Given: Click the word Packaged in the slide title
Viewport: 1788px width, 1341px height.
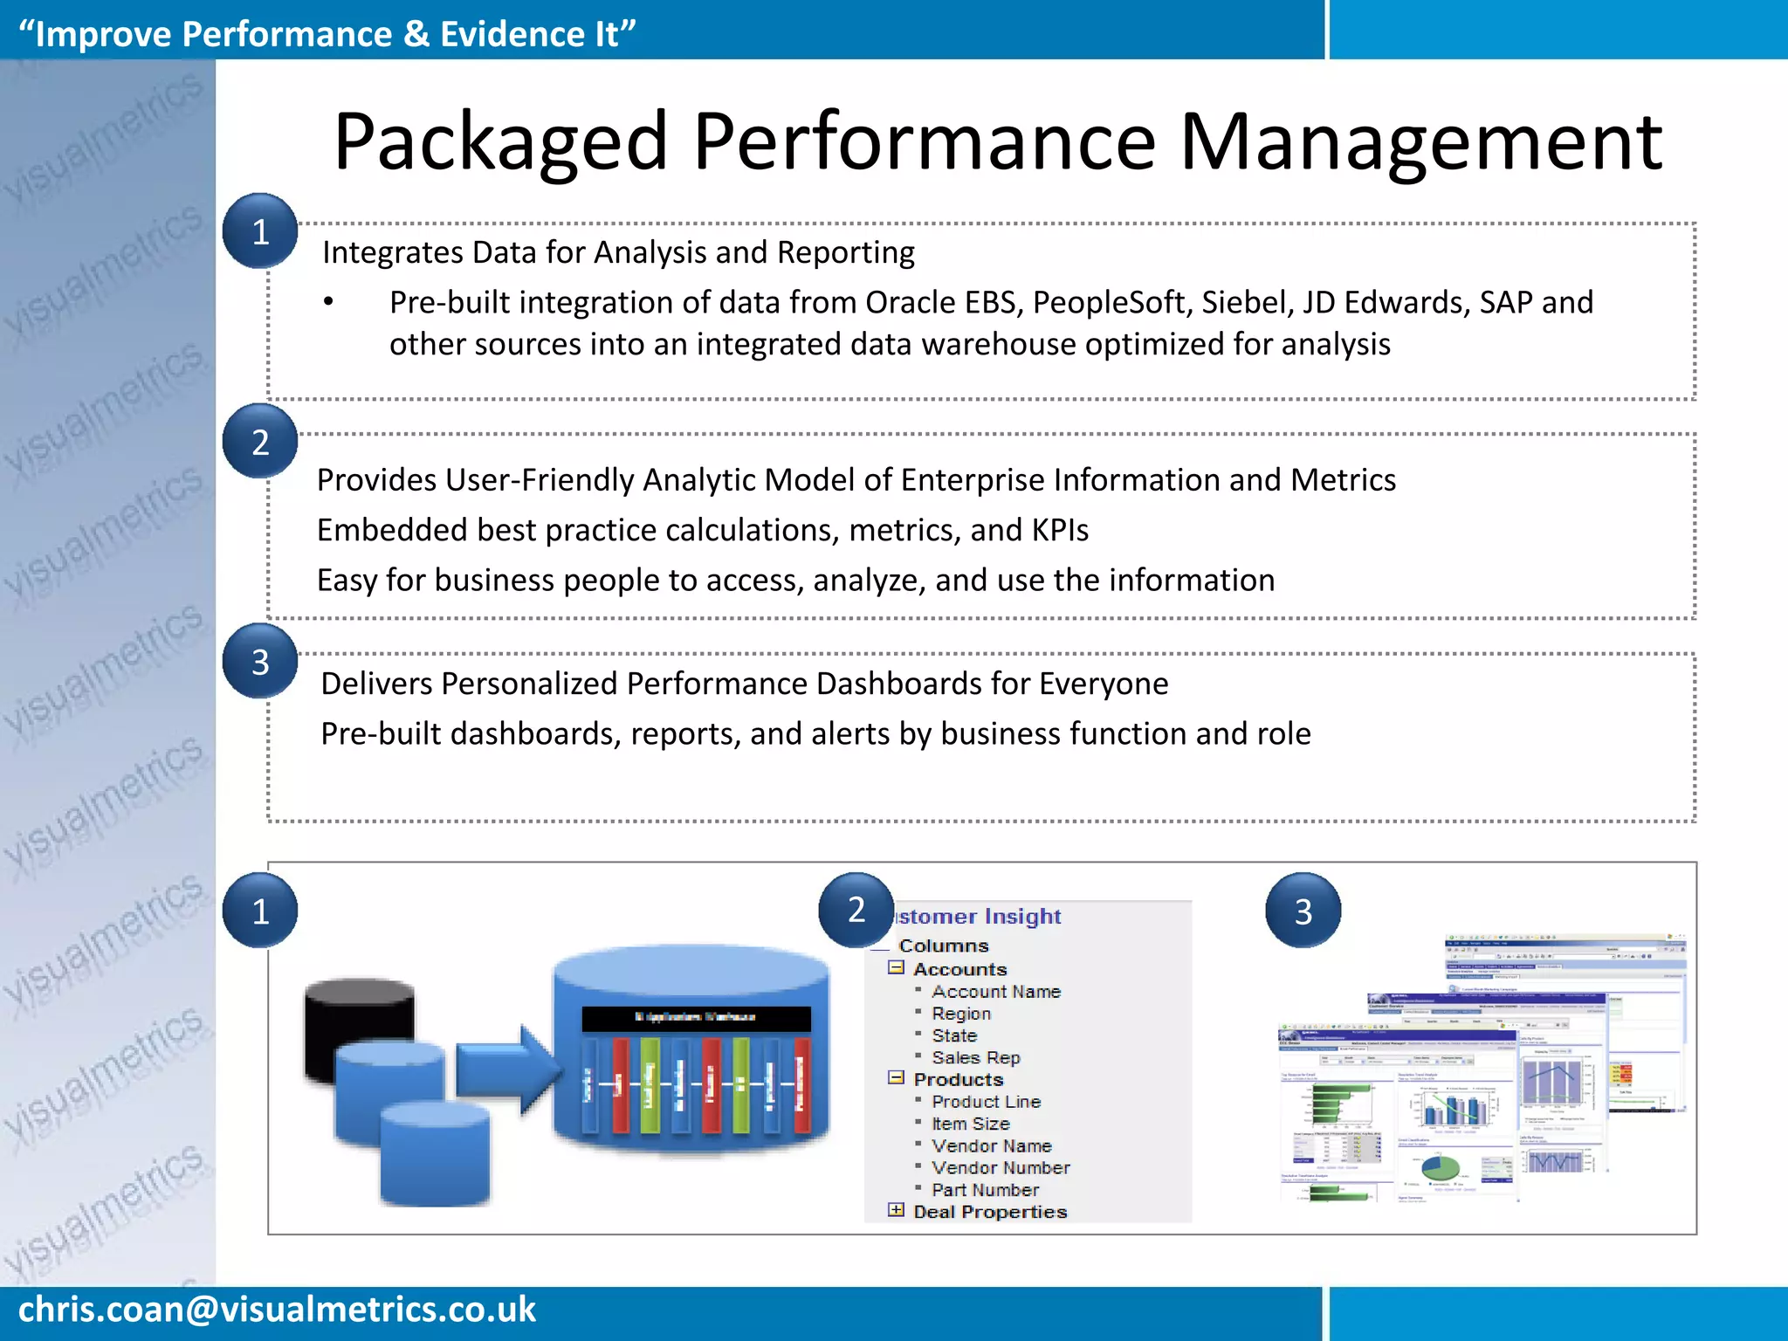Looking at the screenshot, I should click(x=499, y=142).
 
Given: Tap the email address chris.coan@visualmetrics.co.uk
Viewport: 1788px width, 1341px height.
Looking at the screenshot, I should click(x=277, y=1310).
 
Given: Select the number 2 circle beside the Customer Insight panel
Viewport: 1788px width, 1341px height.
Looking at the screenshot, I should click(x=856, y=910).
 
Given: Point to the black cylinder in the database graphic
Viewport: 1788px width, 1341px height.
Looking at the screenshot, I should click(x=359, y=1013).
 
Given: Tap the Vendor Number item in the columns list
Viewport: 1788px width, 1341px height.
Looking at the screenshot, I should click(x=1000, y=1168).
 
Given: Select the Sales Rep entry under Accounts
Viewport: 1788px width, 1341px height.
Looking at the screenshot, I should click(x=975, y=1057).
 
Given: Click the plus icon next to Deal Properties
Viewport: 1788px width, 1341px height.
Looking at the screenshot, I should click(x=896, y=1210).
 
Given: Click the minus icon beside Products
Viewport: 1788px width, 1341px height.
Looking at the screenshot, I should click(x=896, y=1078).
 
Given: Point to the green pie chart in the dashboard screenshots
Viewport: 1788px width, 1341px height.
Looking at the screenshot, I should click(x=1440, y=1167).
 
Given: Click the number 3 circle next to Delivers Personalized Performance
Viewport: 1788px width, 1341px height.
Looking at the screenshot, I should click(x=260, y=662).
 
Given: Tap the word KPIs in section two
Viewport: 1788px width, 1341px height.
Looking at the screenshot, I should click(x=1059, y=530).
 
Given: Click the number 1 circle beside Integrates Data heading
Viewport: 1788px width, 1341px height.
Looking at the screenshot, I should click(x=260, y=231).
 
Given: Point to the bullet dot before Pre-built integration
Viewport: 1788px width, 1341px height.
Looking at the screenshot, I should click(x=328, y=302).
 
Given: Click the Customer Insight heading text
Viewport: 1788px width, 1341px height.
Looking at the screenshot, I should click(x=978, y=917).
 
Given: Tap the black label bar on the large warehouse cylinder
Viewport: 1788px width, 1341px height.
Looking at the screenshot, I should click(x=696, y=1018).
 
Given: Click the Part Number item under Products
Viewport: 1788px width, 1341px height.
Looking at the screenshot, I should click(x=985, y=1190).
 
